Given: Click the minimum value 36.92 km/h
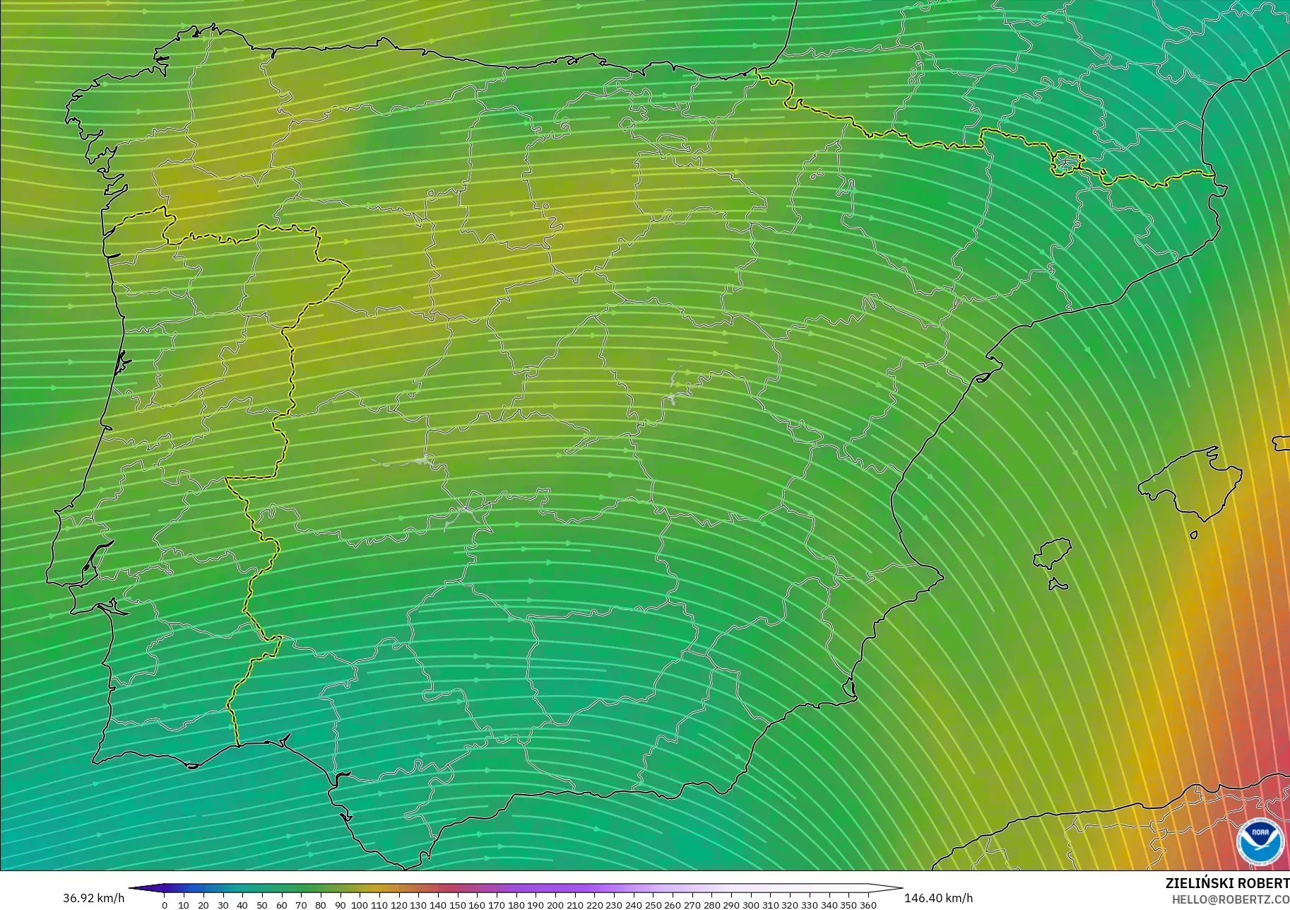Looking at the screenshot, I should tap(93, 898).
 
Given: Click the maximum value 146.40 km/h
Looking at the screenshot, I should tap(938, 898).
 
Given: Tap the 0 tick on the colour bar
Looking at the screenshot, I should tap(165, 904).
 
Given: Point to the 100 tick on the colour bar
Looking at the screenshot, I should tap(360, 904).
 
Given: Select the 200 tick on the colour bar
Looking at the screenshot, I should tap(555, 904).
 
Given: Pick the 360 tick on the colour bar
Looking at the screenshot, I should tap(868, 904).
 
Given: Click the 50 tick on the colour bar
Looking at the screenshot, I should tap(262, 904).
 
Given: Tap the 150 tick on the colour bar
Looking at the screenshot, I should tap(457, 904).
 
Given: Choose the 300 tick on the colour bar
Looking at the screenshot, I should tap(750, 904).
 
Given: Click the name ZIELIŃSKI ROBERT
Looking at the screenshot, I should tap(1227, 883).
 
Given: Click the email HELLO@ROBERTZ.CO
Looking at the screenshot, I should tap(1231, 899).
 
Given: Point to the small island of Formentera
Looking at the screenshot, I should tap(1057, 584).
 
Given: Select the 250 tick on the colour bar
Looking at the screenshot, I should tap(652, 904).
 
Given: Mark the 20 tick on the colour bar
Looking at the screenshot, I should tap(203, 904).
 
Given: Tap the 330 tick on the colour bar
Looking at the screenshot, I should tap(809, 904).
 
